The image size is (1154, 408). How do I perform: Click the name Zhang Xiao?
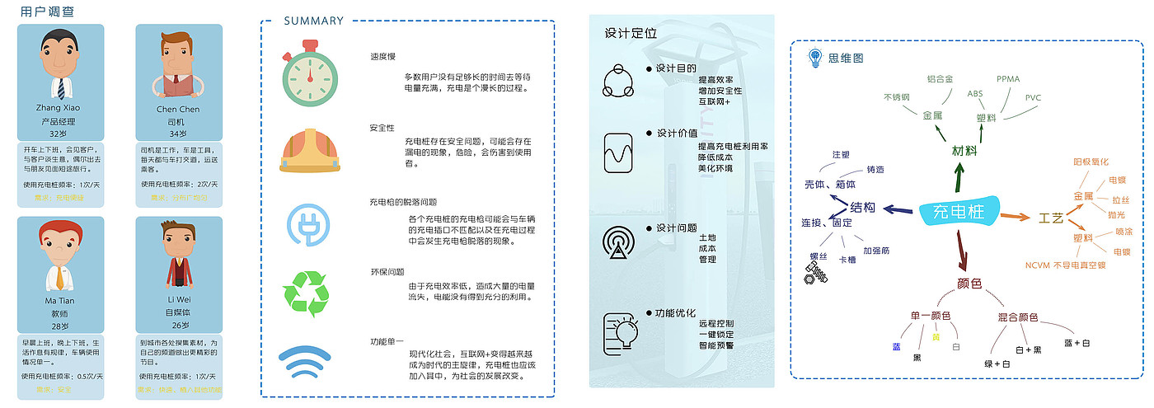coord(59,108)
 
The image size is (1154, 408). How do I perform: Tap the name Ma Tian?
coord(59,301)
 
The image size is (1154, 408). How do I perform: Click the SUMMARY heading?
coord(313,21)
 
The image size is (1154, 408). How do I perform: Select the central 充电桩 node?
coord(959,212)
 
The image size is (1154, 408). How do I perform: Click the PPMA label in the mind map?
coord(1008,79)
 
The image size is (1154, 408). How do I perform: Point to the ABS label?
coord(976,94)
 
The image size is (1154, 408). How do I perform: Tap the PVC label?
coord(1033,97)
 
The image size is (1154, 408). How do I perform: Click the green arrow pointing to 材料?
coord(959,176)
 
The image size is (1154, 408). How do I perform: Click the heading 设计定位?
coord(631,34)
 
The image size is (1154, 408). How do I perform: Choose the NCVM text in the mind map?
coord(1037,265)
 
